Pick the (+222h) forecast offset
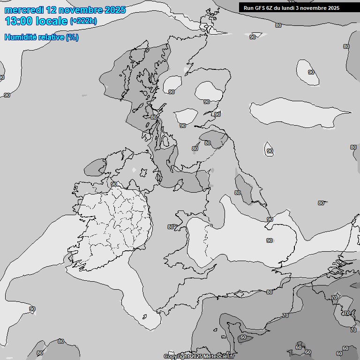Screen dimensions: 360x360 [83, 21]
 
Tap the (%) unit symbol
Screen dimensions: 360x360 [72, 37]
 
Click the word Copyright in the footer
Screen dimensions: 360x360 [176, 357]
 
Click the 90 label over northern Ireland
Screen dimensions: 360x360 [114, 185]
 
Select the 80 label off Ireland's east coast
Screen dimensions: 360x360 [171, 227]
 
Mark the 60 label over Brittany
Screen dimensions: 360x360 [243, 337]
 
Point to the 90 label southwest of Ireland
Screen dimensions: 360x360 [32, 309]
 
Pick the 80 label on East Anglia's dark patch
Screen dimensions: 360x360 [238, 193]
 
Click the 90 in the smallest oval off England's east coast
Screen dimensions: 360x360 [270, 151]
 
